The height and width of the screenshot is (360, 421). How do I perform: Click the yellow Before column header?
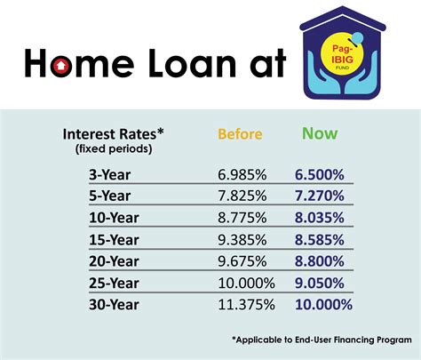point(240,134)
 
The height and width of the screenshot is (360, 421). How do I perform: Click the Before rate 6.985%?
point(240,177)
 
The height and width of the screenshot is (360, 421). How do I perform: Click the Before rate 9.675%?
point(240,261)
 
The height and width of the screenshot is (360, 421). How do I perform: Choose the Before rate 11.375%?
point(243,305)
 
